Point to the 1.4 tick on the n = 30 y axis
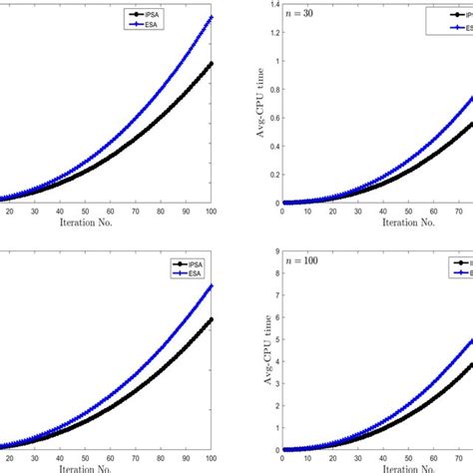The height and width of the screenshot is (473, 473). point(273,4)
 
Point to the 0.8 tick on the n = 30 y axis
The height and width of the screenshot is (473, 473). point(273,89)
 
